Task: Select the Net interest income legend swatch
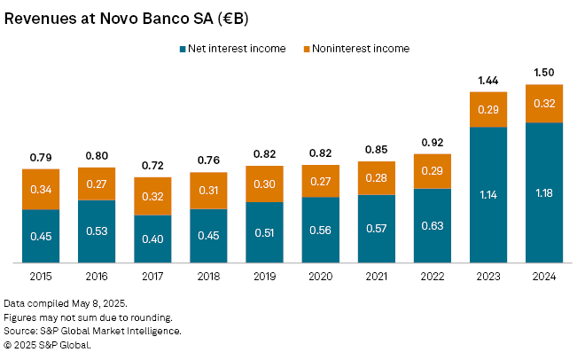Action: pos(182,49)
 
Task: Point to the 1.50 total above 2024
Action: pos(544,72)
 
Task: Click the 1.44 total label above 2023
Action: pos(488,80)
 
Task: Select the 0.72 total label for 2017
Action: pos(152,166)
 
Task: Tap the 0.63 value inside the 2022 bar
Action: pos(433,226)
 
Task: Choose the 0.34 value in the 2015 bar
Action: pos(41,189)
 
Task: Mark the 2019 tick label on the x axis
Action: pos(264,277)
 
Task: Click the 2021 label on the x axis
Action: pos(376,277)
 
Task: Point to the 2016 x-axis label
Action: pos(97,277)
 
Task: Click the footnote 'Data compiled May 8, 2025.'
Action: pos(66,303)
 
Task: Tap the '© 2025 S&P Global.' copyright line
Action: pos(47,345)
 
